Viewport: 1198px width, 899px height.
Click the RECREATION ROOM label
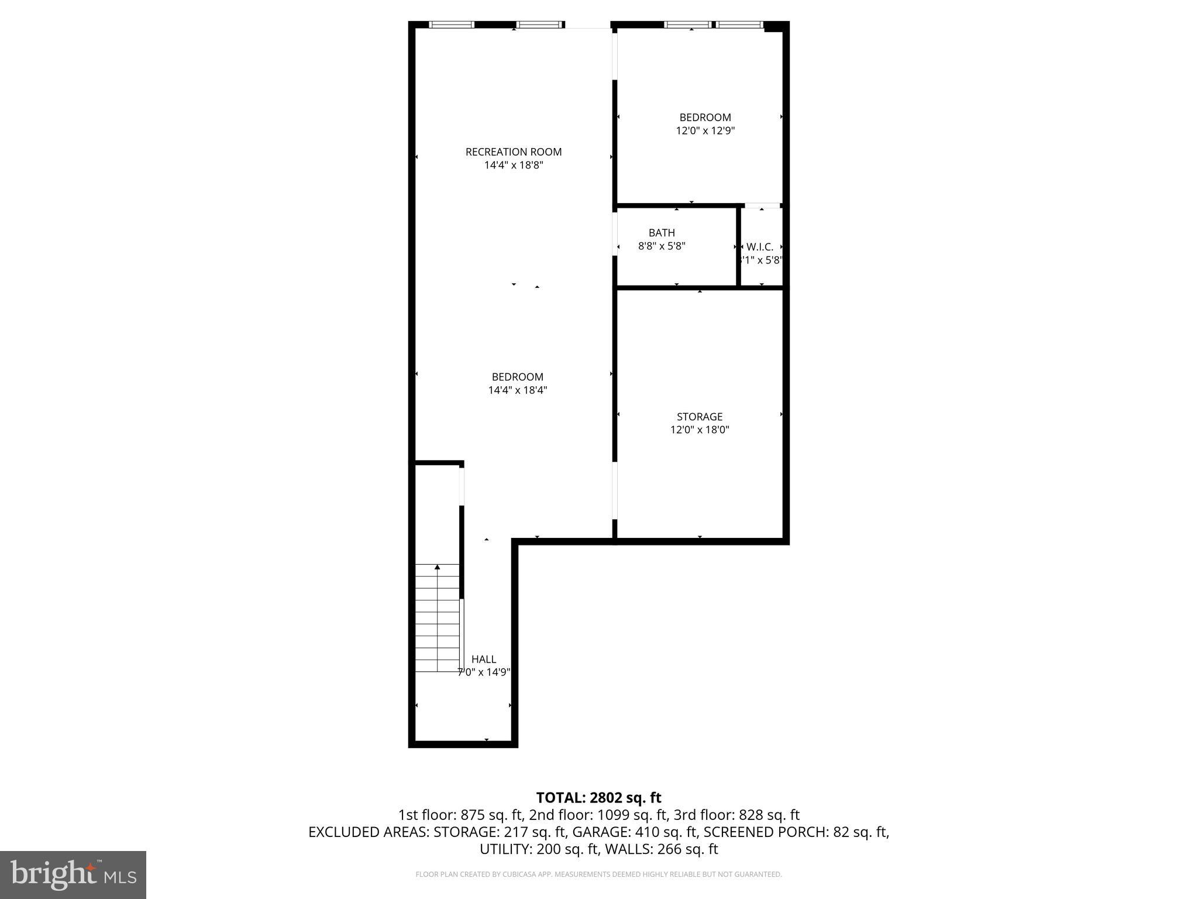(513, 152)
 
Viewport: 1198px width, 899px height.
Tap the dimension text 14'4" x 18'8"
(513, 165)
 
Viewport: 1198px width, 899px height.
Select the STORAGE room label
(699, 417)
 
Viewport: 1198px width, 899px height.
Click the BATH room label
(661, 233)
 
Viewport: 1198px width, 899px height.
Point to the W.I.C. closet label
(759, 247)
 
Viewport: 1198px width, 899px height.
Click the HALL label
(483, 659)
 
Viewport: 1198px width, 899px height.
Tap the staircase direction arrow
(437, 567)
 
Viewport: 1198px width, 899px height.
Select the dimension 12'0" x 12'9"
(705, 131)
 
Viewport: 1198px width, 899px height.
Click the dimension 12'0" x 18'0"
(699, 430)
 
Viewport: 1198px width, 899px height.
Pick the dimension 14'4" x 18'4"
(517, 390)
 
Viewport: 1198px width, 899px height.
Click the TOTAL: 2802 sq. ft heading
(598, 797)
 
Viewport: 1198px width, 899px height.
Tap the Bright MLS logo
(73, 874)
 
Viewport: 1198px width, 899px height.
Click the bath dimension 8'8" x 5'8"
(661, 246)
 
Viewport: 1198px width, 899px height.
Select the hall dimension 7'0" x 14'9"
(483, 672)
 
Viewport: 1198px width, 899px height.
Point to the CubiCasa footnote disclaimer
(598, 874)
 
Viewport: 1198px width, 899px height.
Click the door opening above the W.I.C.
(762, 205)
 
